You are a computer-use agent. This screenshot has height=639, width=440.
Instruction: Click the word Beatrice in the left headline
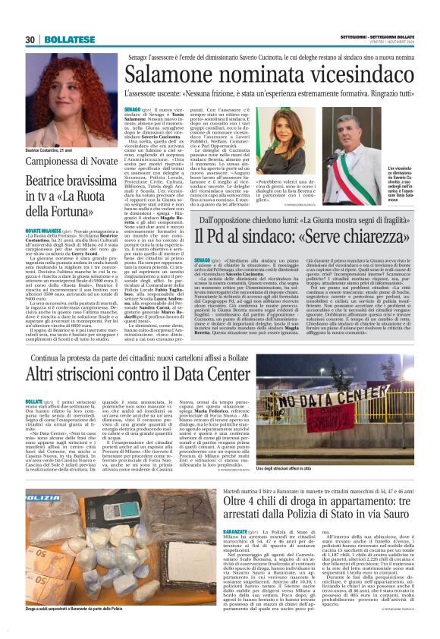(48, 182)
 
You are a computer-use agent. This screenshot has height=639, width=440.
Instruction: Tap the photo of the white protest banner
(350, 417)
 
